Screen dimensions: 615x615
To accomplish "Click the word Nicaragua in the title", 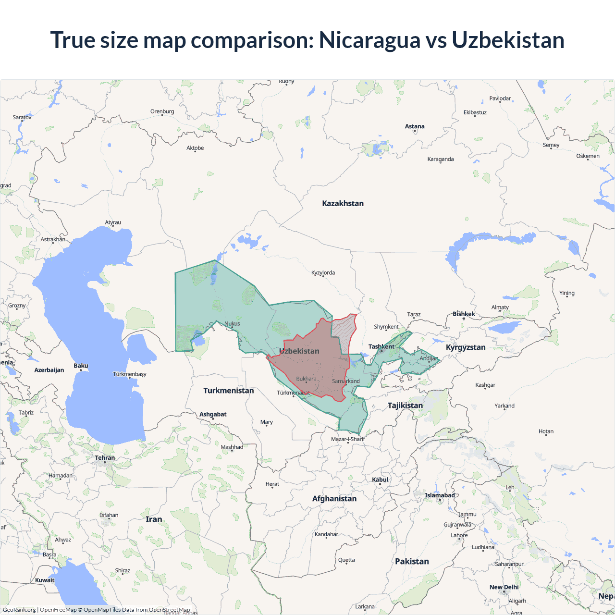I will click(369, 40).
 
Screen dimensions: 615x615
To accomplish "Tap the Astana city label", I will click(415, 126).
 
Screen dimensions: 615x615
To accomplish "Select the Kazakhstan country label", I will click(343, 203).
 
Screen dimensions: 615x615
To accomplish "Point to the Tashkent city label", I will click(381, 346).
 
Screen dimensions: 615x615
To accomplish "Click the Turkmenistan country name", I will click(228, 390).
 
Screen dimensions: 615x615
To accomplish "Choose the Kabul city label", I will click(380, 480).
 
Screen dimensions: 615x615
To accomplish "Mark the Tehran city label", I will click(105, 457).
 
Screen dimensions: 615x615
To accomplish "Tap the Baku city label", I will click(81, 366).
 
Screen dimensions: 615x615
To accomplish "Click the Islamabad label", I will click(439, 495).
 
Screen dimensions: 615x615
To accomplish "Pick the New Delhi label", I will click(504, 587).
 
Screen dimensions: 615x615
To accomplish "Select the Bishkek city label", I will click(464, 314).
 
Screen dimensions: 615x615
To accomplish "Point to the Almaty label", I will click(500, 307).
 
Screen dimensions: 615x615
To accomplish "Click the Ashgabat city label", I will click(213, 414).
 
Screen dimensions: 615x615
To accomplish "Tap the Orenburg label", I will click(162, 111).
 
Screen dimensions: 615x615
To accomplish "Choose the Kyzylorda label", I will click(323, 272).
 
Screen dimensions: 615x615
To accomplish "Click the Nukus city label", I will click(232, 323).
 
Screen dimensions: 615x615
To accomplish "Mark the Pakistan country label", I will click(412, 561).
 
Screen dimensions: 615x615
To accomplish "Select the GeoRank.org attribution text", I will click(19, 610).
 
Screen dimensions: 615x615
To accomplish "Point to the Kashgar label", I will click(485, 385).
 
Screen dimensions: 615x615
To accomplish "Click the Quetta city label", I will click(346, 560).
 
